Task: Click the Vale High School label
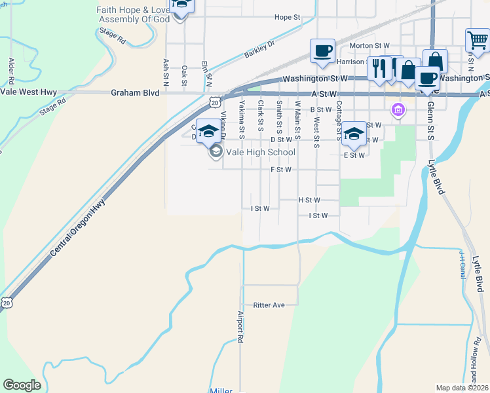pos(261,152)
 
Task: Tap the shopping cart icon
pos(478,41)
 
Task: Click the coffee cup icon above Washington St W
pos(322,51)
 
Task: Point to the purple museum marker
pos(397,109)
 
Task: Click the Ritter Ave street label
pos(269,305)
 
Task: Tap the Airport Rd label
pos(240,327)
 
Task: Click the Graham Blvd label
pos(135,93)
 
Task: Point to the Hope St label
pos(287,17)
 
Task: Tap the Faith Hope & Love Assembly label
pos(133,14)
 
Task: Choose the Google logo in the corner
pos(22,385)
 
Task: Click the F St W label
pos(280,169)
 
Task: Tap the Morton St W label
pos(369,46)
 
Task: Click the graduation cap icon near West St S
pos(354,134)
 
